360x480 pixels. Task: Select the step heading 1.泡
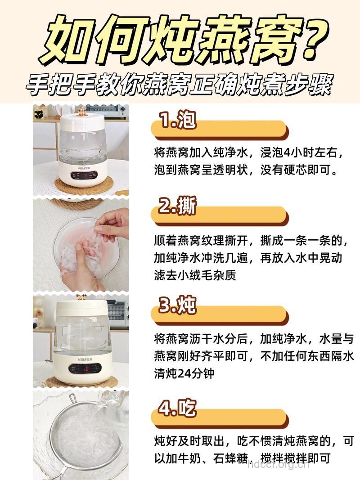point(178,121)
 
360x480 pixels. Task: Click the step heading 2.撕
point(178,207)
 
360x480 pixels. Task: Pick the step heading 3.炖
point(178,306)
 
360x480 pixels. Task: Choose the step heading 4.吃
point(178,408)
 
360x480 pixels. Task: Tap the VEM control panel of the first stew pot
point(83,174)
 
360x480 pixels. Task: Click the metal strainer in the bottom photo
point(81,432)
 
